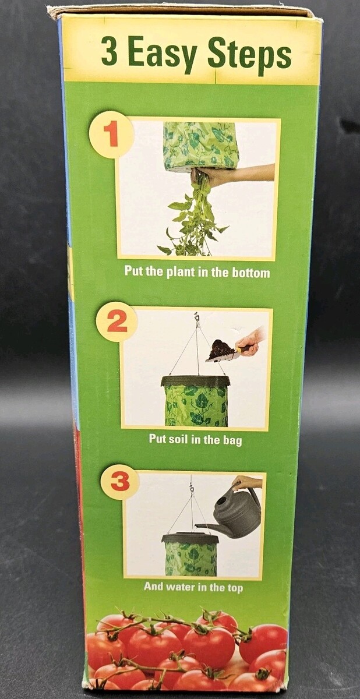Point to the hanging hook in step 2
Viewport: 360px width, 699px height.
click(196, 316)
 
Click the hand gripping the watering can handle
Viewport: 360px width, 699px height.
click(246, 482)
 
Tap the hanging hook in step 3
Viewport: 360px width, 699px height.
click(191, 489)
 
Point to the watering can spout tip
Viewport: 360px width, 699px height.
click(196, 525)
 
